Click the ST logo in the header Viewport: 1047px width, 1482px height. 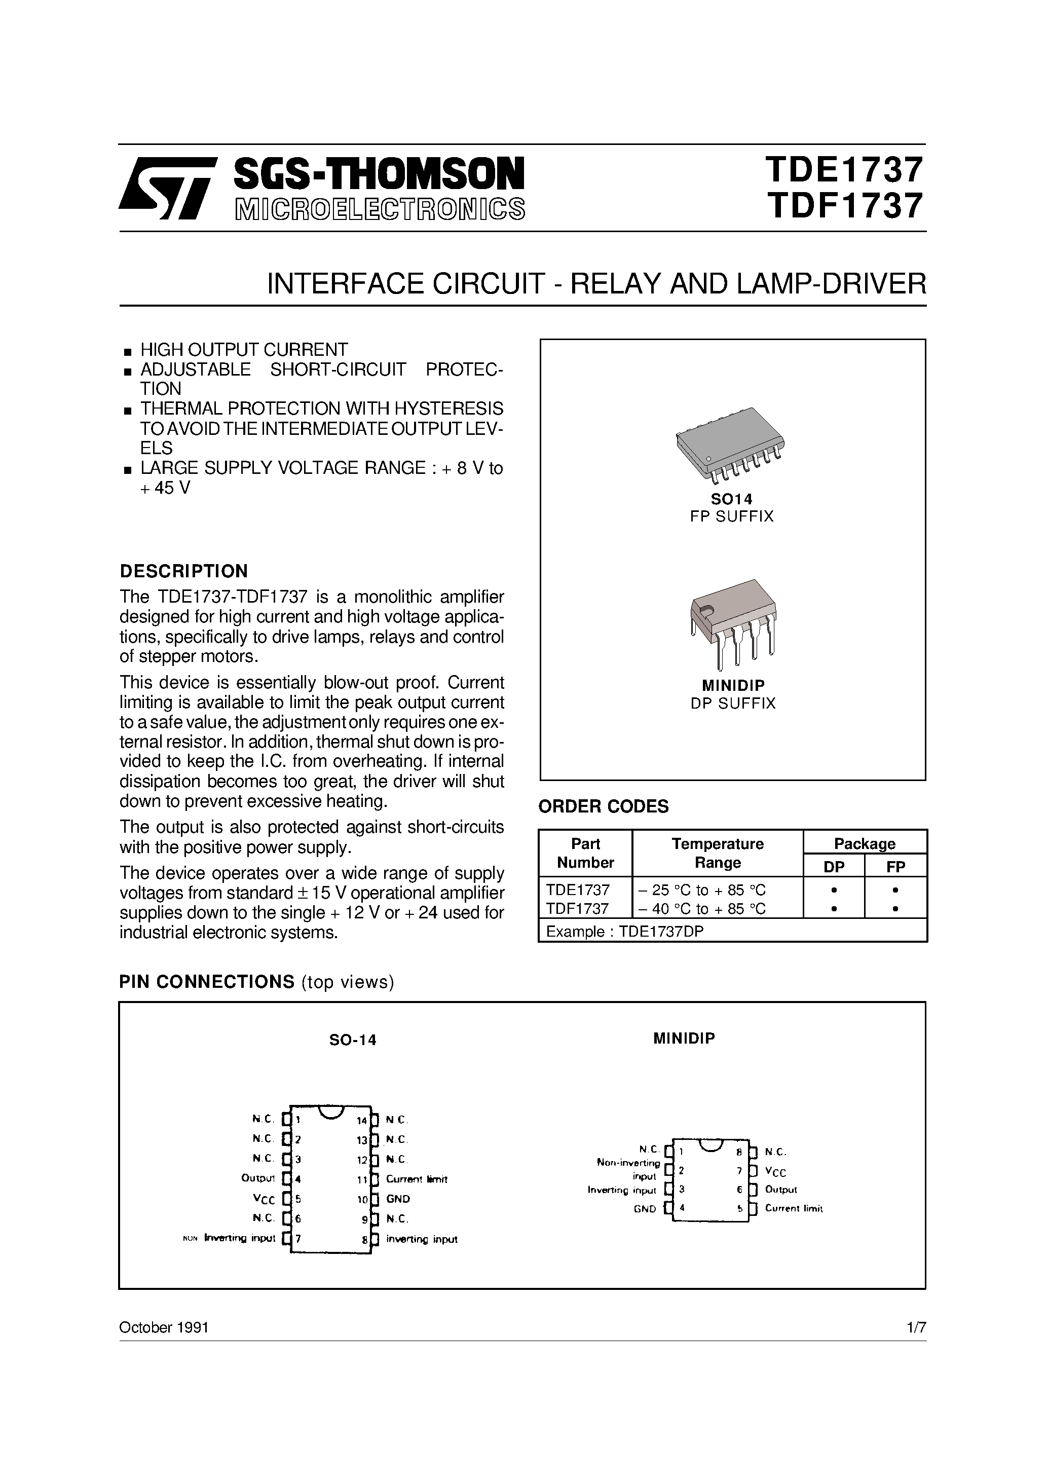tap(166, 187)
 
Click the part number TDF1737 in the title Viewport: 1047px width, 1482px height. tap(844, 207)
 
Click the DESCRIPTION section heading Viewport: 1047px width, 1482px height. tap(184, 571)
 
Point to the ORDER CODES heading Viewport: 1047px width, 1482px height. tap(604, 807)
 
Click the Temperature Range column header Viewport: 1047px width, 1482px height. tap(717, 854)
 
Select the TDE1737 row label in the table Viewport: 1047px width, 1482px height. tap(578, 890)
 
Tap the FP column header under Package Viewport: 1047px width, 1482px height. tap(896, 867)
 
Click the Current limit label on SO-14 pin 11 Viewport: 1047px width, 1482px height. tap(417, 1179)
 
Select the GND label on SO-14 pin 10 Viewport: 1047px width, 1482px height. tap(398, 1199)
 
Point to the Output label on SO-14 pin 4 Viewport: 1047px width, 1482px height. tap(258, 1178)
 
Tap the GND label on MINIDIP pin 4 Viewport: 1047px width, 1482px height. tap(645, 1209)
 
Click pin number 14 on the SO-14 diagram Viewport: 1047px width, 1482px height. tap(361, 1121)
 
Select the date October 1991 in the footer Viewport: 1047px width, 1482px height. tap(164, 1328)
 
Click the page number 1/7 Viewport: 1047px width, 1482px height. tap(916, 1328)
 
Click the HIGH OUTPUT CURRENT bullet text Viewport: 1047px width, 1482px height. tap(244, 350)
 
